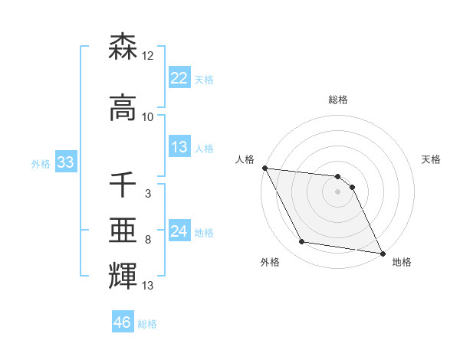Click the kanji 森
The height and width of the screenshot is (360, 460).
click(123, 48)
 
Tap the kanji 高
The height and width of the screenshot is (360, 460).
click(123, 108)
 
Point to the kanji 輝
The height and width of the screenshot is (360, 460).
click(123, 277)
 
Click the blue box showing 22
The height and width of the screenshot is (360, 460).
click(179, 78)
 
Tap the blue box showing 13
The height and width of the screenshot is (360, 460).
click(179, 148)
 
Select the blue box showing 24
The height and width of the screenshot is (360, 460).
click(179, 231)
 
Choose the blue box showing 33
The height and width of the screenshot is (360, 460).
click(65, 162)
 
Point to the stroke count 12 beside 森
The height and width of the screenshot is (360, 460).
click(148, 56)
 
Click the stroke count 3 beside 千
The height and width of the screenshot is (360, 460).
click(148, 194)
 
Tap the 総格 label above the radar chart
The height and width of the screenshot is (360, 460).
click(338, 100)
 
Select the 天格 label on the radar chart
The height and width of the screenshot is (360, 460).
click(432, 159)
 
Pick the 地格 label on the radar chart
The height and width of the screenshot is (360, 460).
click(402, 262)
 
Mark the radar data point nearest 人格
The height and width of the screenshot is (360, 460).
click(264, 168)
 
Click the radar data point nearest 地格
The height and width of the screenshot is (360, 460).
click(383, 253)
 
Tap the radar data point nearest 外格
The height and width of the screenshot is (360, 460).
click(302, 242)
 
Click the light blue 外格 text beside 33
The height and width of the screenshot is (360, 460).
click(40, 163)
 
